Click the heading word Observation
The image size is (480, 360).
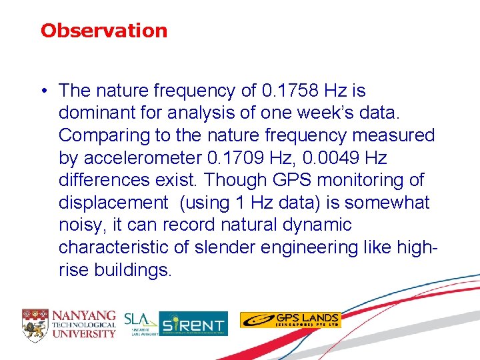(x=103, y=31)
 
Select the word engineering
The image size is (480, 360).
(x=311, y=248)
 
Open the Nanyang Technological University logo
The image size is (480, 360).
(x=69, y=323)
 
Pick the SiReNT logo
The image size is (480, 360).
(x=193, y=323)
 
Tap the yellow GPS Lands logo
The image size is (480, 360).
(x=290, y=320)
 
